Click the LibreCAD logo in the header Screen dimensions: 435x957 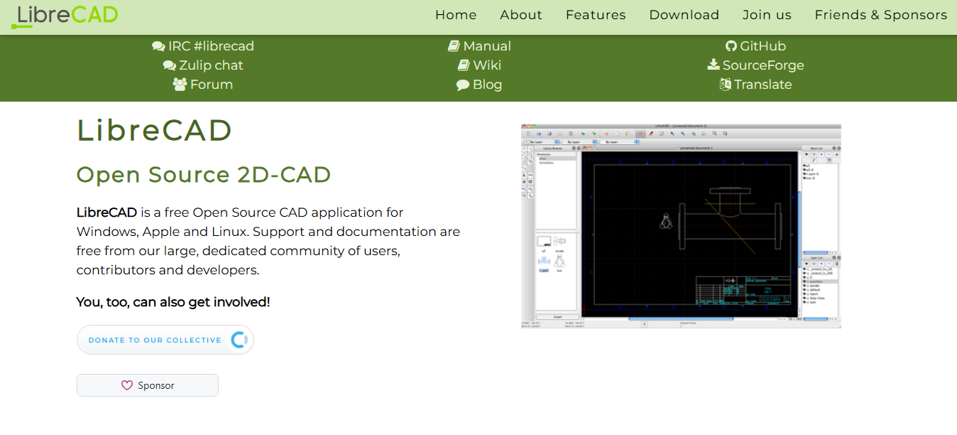(65, 16)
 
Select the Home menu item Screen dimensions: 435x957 (456, 15)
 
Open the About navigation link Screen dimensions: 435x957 (521, 15)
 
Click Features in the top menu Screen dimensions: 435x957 (596, 15)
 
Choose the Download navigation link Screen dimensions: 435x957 (684, 15)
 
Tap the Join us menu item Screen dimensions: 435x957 (767, 15)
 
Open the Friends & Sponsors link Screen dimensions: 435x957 (880, 15)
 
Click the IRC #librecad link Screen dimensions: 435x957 (203, 46)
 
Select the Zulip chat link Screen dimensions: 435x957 (203, 65)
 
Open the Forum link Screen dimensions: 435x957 (203, 85)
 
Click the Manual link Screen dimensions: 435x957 (479, 46)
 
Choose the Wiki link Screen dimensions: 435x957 (479, 65)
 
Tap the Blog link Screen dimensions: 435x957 (479, 85)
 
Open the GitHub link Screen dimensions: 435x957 (755, 46)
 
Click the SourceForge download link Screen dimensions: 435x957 (755, 65)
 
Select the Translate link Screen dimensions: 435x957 (755, 85)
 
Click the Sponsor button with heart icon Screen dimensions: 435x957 (148, 385)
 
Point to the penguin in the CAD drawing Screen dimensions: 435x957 (665, 221)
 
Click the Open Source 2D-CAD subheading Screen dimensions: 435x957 (204, 175)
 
